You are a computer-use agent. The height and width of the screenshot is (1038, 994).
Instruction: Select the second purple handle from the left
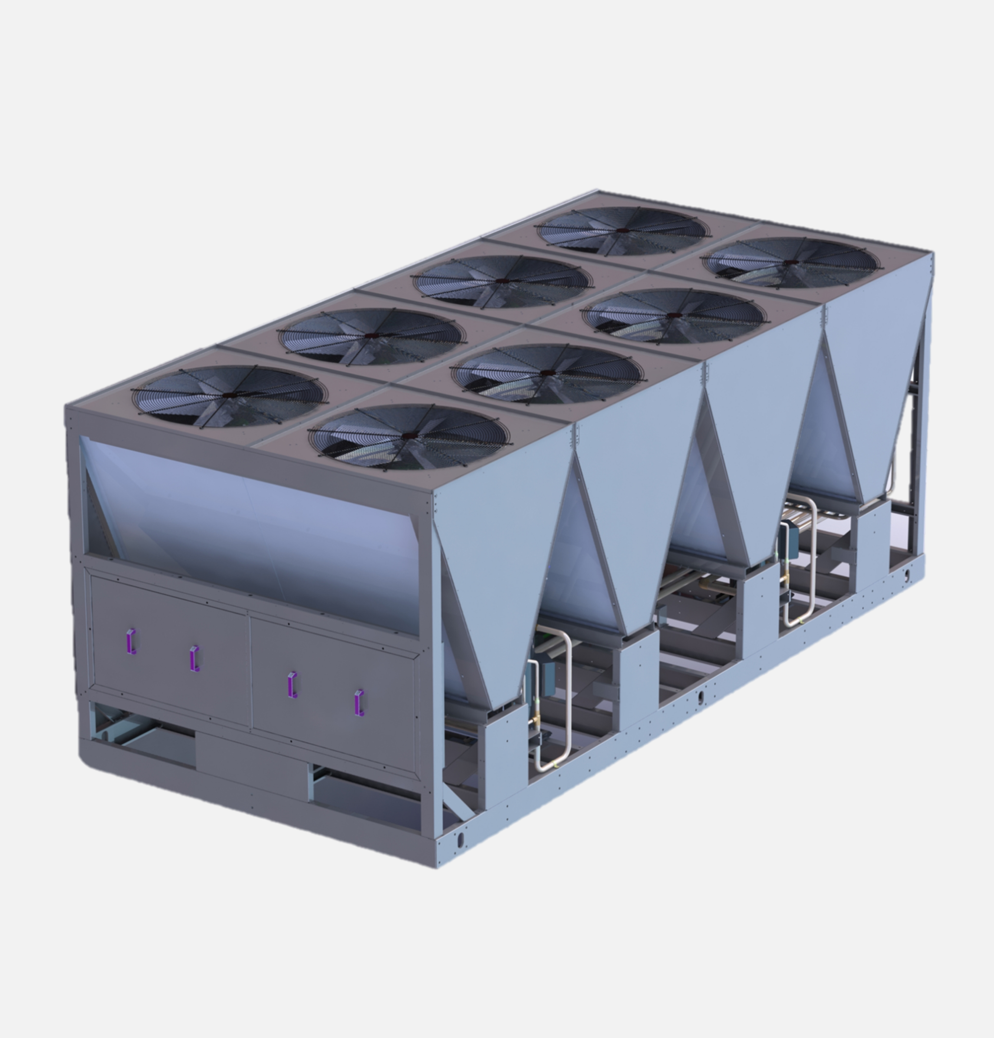coord(194,659)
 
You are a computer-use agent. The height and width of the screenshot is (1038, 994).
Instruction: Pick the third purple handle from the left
coord(292,685)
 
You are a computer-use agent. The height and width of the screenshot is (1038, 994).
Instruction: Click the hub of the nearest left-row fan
coord(229,395)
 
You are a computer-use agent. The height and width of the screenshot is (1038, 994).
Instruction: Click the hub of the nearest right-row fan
coord(408,435)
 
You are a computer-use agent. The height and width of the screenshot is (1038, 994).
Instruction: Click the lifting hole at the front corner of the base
coord(460,839)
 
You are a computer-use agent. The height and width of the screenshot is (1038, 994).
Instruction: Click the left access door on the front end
coord(169,651)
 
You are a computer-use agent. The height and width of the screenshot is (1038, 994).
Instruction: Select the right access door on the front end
coord(334,694)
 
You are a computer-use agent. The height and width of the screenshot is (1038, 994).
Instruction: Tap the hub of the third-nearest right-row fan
coord(674,315)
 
